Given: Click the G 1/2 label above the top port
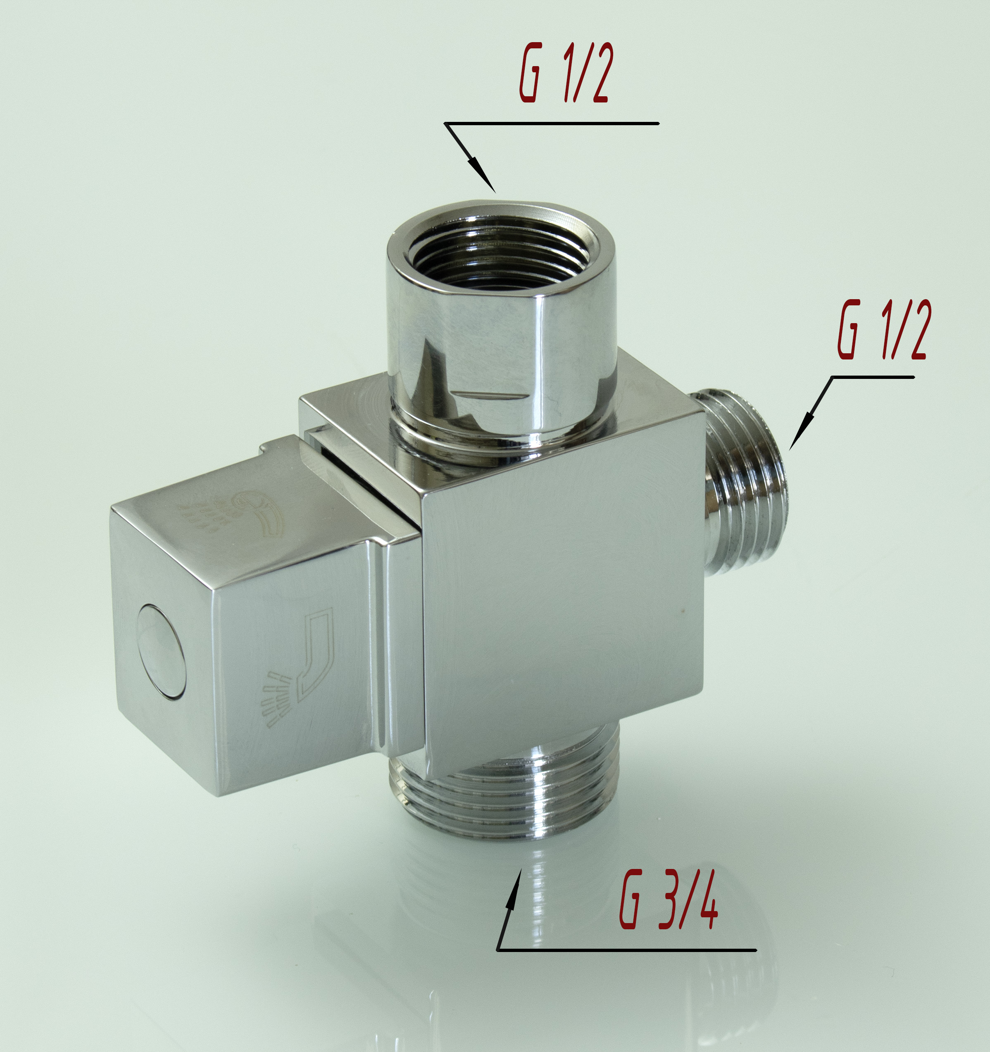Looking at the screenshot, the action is click(564, 73).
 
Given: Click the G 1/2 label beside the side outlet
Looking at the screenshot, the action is click(881, 330).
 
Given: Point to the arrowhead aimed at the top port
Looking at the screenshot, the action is click(484, 175).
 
